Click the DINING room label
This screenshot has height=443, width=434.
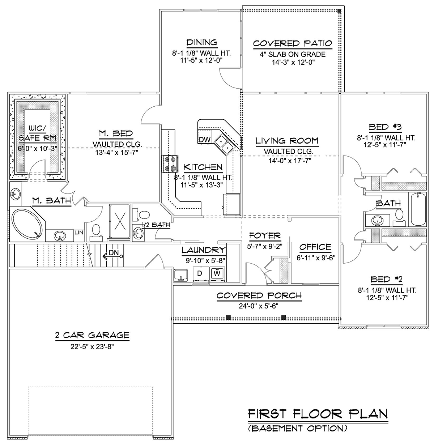pos(202,43)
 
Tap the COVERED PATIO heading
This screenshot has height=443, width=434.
pos(293,43)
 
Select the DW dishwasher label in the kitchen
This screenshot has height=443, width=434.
pos(204,139)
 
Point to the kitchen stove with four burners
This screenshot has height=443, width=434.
pos(170,164)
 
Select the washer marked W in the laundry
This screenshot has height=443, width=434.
pos(217,274)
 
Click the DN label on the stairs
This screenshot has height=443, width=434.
pos(114,252)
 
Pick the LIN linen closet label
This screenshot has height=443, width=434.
pos(79,233)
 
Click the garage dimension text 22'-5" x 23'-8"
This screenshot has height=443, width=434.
pos(92,346)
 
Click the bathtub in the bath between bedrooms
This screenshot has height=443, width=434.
pos(418,209)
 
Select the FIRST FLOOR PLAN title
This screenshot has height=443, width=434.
pos(318,414)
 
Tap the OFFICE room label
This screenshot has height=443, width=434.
pos(315,247)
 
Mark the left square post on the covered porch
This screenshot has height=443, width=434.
pos(228,318)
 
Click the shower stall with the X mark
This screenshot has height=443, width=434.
pos(120,221)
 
